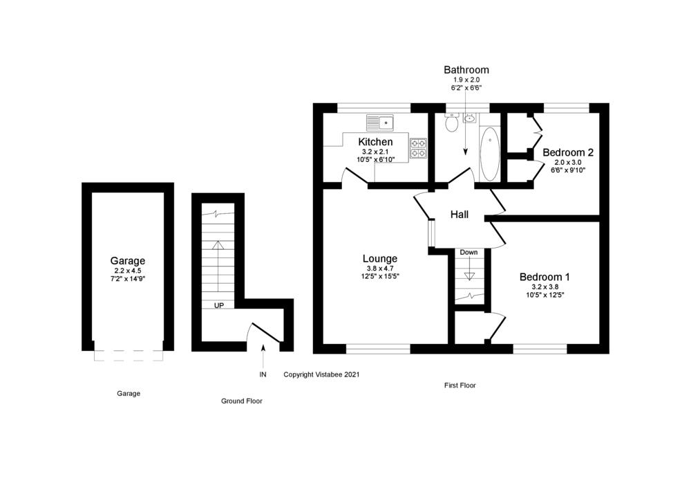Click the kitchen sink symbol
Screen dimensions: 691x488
pos(379,123)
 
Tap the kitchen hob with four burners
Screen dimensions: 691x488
pos(418,148)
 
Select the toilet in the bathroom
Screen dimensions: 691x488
pos(451,124)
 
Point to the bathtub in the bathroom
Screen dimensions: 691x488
pos(489,154)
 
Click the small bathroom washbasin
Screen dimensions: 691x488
pos(470,118)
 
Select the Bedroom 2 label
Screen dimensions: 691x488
pos(568,152)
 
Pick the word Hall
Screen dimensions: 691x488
pos(460,215)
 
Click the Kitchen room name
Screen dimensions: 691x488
pos(375,142)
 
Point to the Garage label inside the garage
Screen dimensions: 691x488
pos(128,261)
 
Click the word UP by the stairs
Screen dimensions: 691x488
pos(218,305)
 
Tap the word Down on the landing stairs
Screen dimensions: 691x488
pos(468,253)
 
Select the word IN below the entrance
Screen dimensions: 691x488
pos(263,374)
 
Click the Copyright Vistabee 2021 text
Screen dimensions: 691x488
pos(321,374)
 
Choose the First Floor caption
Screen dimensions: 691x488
pos(460,386)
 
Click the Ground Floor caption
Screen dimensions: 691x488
pos(241,401)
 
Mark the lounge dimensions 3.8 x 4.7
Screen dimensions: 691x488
pos(381,269)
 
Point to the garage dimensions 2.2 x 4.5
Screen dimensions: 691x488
pos(128,271)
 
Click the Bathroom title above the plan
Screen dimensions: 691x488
pos(466,70)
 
